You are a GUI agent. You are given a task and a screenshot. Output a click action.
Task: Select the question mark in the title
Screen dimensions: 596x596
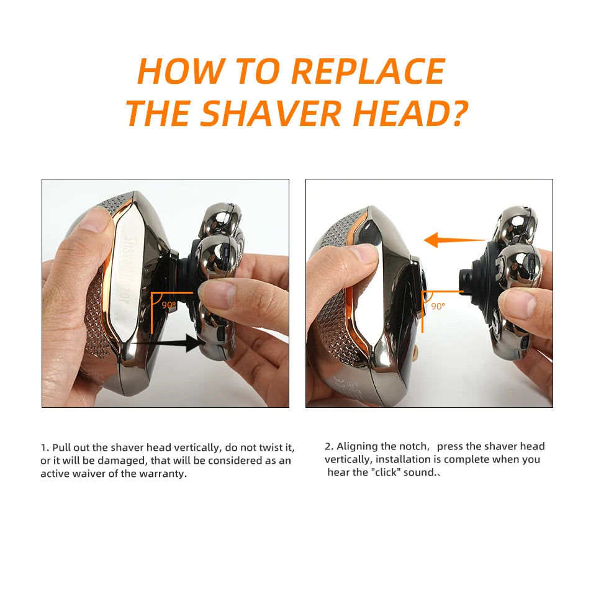coord(457,112)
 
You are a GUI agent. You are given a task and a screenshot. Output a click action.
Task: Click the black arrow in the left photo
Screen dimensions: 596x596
coord(168,341)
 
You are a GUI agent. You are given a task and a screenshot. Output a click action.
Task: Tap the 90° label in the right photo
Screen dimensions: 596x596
coord(438,306)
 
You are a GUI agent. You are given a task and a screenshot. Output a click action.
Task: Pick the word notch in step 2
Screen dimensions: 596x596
coord(413,446)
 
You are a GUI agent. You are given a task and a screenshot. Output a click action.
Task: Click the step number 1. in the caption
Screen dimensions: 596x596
coord(45,448)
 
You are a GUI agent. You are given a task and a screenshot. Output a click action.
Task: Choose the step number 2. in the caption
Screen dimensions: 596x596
coord(329,446)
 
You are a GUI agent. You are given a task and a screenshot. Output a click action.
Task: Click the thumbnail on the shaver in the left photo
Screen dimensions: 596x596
coord(93,220)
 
